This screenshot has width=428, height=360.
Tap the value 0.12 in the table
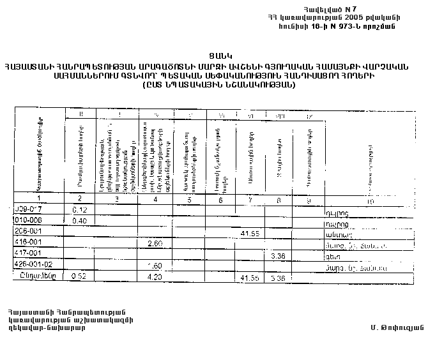(x=80, y=209)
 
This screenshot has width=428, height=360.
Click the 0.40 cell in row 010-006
(x=80, y=220)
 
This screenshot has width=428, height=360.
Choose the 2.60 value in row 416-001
(x=155, y=244)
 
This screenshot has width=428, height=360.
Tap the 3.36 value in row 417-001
(x=277, y=256)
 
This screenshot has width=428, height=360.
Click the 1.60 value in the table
(x=155, y=266)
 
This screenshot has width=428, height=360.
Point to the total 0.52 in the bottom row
(x=80, y=276)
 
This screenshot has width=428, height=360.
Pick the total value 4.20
(x=155, y=277)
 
